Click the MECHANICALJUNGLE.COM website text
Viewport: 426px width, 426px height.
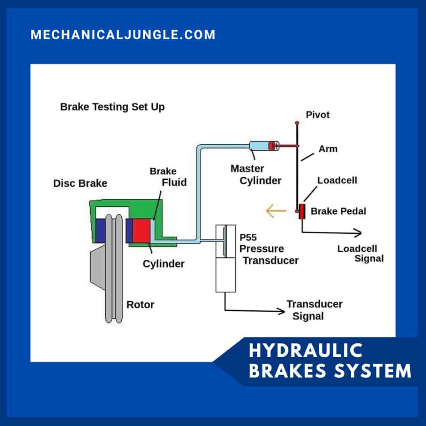(x=123, y=35)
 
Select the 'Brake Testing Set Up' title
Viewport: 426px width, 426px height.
(x=112, y=107)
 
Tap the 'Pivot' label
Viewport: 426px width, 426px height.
(x=317, y=115)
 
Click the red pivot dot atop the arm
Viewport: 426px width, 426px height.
(x=297, y=123)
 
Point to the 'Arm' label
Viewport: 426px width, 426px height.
(x=328, y=149)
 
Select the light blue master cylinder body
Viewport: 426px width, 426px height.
(x=259, y=146)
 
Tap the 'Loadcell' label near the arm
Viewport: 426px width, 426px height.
(x=337, y=181)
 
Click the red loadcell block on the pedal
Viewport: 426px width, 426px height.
(x=302, y=211)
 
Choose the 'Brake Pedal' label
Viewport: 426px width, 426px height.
(x=338, y=211)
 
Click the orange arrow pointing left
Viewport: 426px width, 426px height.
(x=276, y=211)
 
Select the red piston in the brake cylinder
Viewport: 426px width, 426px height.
(x=141, y=231)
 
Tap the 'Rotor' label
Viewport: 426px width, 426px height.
(x=140, y=305)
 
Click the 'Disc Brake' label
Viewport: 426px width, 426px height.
(x=80, y=183)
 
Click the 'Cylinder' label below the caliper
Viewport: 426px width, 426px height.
(x=163, y=264)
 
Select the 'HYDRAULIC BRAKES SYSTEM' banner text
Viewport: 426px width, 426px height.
(x=329, y=361)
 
